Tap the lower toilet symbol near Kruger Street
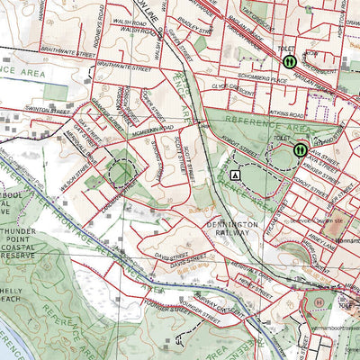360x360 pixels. [x=299, y=150]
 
